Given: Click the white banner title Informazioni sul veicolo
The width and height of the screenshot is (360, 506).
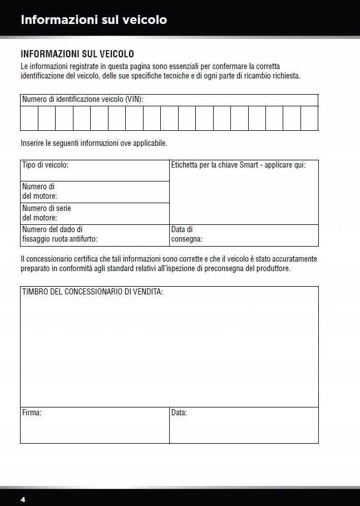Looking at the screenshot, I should pyautogui.click(x=93, y=20).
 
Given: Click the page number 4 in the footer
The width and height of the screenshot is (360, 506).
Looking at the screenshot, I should pyautogui.click(x=23, y=499).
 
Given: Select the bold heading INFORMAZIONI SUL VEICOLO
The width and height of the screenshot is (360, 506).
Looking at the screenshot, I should pyautogui.click(x=77, y=54).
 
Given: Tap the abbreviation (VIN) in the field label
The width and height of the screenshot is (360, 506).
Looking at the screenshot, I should pyautogui.click(x=134, y=100).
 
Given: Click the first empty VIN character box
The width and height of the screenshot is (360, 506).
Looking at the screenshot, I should pyautogui.click(x=29, y=118).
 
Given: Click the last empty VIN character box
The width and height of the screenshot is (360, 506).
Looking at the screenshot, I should pyautogui.click(x=309, y=118).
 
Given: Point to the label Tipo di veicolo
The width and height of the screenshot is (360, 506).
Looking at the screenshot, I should pyautogui.click(x=45, y=165).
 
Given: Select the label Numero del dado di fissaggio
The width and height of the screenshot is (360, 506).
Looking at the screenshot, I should pyautogui.click(x=52, y=229).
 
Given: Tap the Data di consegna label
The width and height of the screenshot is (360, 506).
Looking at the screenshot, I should pyautogui.click(x=186, y=234).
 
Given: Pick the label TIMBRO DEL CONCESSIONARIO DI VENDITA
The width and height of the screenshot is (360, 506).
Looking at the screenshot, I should pyautogui.click(x=92, y=292).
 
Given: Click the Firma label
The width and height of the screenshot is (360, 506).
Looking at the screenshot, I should pyautogui.click(x=32, y=413).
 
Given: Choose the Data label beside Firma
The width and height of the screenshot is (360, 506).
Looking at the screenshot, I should pyautogui.click(x=179, y=413).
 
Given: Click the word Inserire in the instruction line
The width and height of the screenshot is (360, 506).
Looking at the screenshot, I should pyautogui.click(x=33, y=143).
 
